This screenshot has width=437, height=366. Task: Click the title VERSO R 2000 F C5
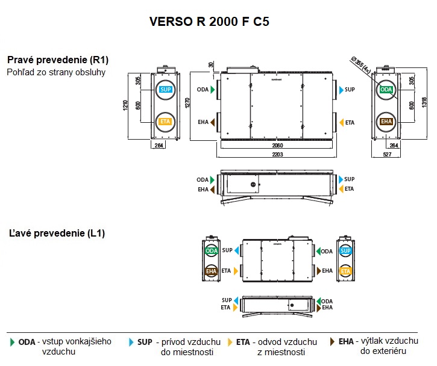click(209, 22)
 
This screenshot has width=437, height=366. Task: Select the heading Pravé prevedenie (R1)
click(58, 60)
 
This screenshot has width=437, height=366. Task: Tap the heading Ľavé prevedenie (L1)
click(57, 233)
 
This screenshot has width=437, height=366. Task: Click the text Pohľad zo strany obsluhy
click(56, 72)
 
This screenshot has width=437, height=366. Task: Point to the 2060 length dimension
click(277, 146)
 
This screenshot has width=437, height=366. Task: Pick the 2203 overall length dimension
click(277, 155)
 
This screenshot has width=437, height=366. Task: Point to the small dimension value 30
click(211, 65)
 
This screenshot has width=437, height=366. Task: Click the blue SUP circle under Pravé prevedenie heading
click(165, 90)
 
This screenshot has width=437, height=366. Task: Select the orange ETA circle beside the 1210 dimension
click(165, 122)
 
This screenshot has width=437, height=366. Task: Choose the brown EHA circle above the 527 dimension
click(386, 122)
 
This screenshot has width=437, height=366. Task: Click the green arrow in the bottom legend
click(13, 342)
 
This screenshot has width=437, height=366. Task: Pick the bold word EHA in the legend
click(346, 341)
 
